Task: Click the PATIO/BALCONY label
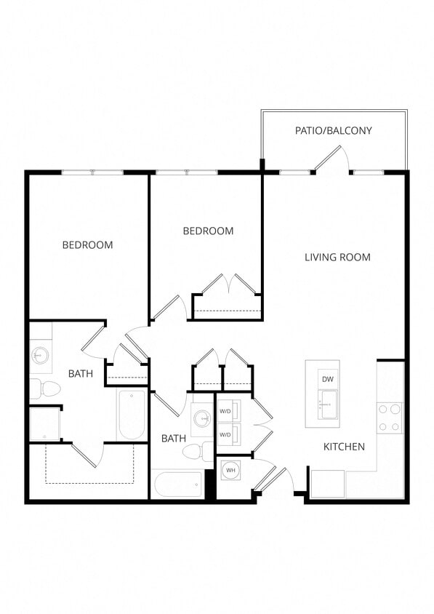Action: (334, 131)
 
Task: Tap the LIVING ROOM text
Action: (337, 257)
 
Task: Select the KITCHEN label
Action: (344, 446)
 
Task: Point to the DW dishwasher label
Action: (328, 379)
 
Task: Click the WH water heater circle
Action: (231, 471)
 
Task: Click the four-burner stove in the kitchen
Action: (390, 418)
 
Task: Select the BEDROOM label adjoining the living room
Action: (208, 231)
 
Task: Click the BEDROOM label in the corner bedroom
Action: (87, 245)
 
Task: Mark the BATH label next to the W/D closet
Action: (174, 438)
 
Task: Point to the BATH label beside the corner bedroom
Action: (80, 374)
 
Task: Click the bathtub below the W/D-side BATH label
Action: (177, 484)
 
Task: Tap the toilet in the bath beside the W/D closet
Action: (195, 452)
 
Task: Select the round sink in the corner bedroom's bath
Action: (39, 356)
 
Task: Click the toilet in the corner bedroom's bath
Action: (45, 388)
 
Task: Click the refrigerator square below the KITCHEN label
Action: (327, 484)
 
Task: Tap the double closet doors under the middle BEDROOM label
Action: (228, 284)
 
